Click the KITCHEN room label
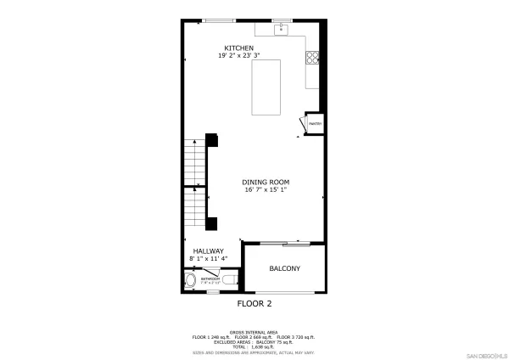[x=238, y=48]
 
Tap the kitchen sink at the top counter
[x=282, y=31]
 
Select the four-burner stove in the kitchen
[x=312, y=59]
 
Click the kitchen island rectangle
[x=269, y=87]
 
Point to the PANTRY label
[x=313, y=124]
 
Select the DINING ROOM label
[x=266, y=182]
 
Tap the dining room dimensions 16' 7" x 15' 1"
[x=266, y=190]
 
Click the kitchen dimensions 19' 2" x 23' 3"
[x=238, y=56]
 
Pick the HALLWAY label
[x=208, y=250]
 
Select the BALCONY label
[x=284, y=268]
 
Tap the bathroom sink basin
[x=189, y=280]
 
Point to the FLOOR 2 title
[x=254, y=302]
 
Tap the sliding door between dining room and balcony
[x=284, y=244]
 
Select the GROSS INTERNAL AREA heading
[x=254, y=332]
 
